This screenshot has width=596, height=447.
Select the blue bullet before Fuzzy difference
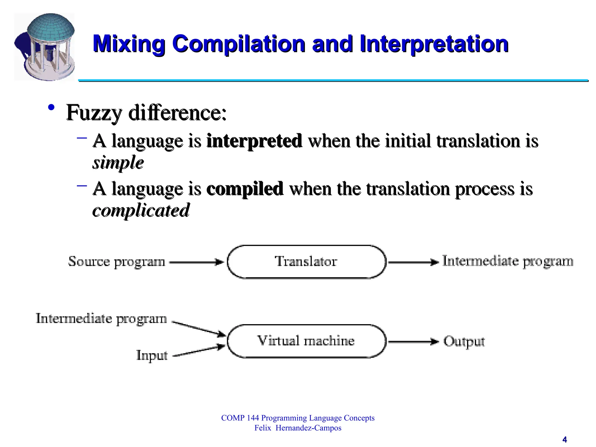click(52, 108)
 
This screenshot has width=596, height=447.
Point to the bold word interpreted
click(254, 141)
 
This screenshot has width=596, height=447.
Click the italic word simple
click(118, 162)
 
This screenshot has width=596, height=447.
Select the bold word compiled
click(244, 189)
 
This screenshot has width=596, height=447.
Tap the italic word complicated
click(141, 210)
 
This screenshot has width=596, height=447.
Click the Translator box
click(306, 262)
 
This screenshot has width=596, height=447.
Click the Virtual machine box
click(306, 341)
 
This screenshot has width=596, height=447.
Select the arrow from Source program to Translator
click(196, 262)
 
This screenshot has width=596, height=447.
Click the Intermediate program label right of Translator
click(508, 261)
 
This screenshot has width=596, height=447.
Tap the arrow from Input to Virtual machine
click(199, 351)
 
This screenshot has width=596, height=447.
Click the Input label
click(152, 355)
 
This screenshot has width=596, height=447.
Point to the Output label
click(464, 341)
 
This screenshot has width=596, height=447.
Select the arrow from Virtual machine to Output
click(413, 342)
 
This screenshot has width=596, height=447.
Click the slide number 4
click(565, 439)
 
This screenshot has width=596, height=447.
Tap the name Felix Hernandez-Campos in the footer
click(298, 428)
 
